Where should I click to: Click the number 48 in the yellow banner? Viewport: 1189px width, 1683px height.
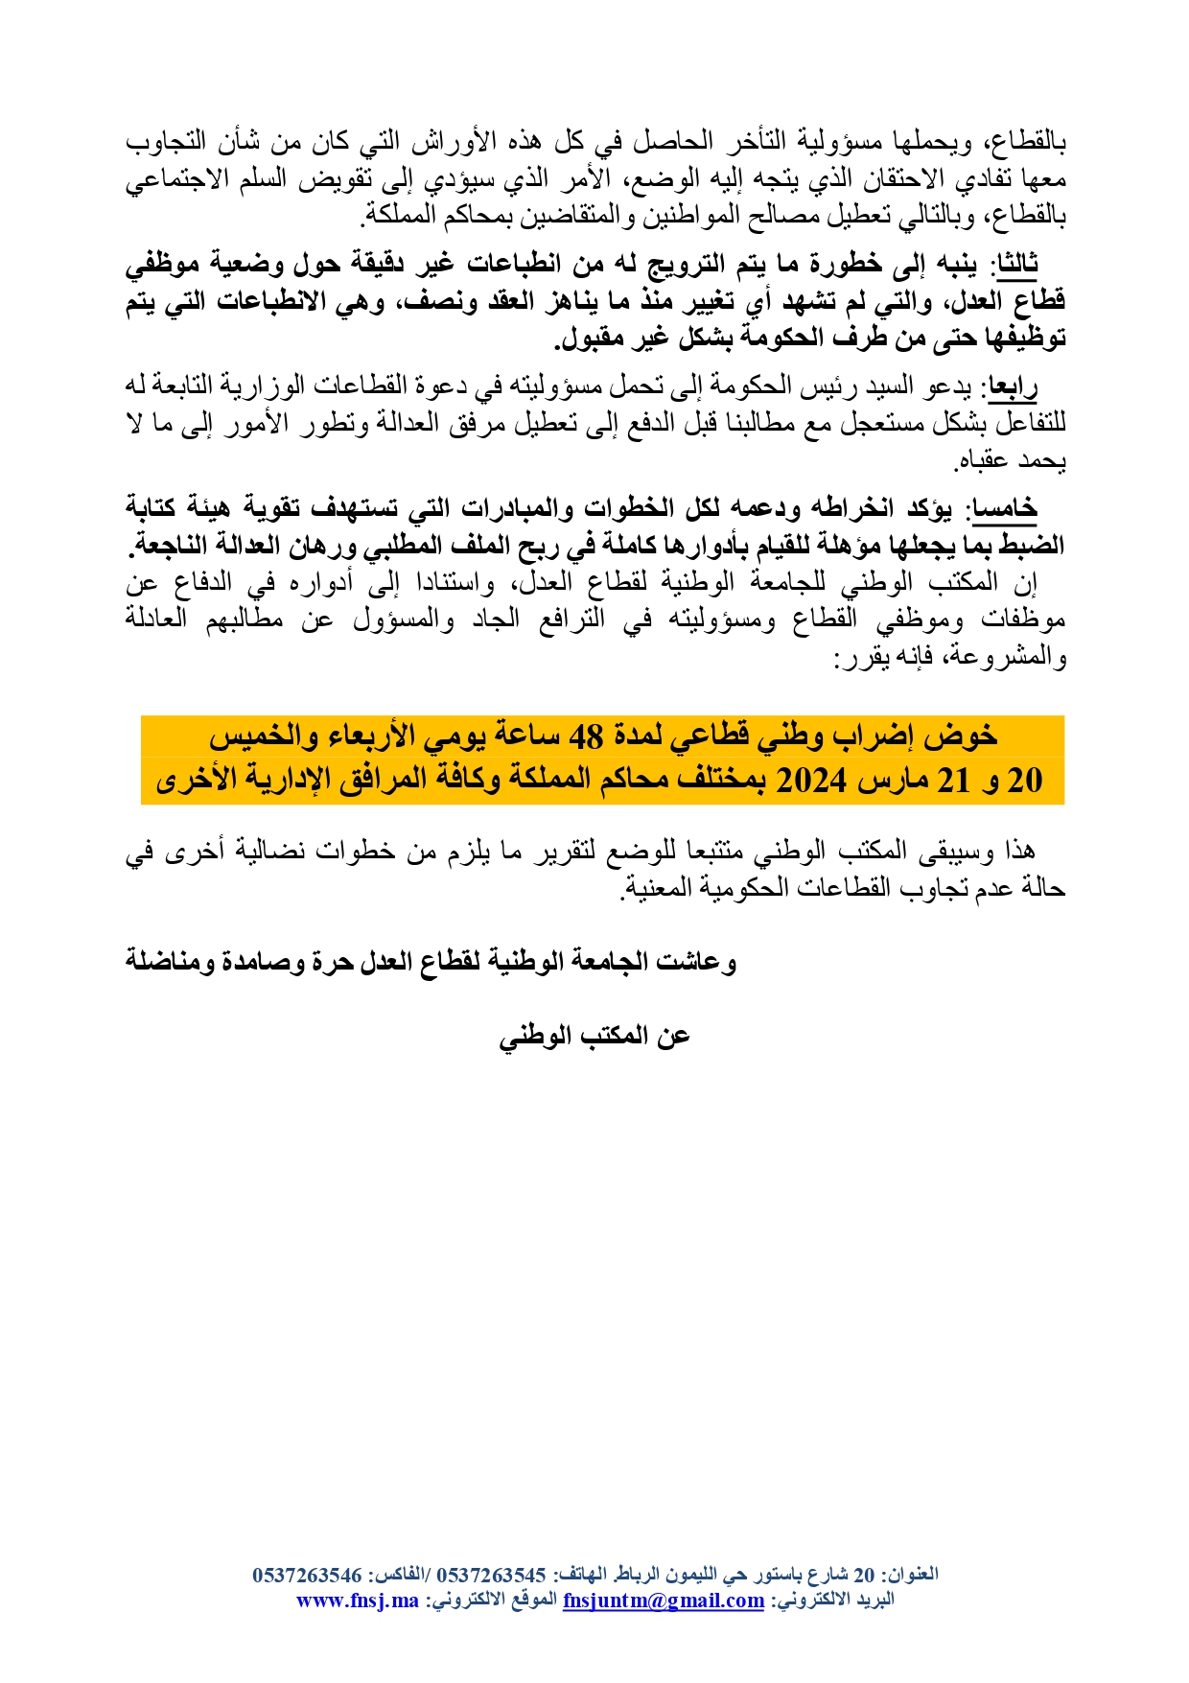click(586, 736)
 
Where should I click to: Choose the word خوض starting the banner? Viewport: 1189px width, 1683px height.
click(969, 736)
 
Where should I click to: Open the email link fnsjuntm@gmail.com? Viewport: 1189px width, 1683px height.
click(664, 1601)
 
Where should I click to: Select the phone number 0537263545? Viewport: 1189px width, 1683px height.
click(491, 1575)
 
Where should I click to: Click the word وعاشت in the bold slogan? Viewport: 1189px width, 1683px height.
click(700, 961)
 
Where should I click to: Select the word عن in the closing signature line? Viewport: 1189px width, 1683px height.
click(674, 1036)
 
